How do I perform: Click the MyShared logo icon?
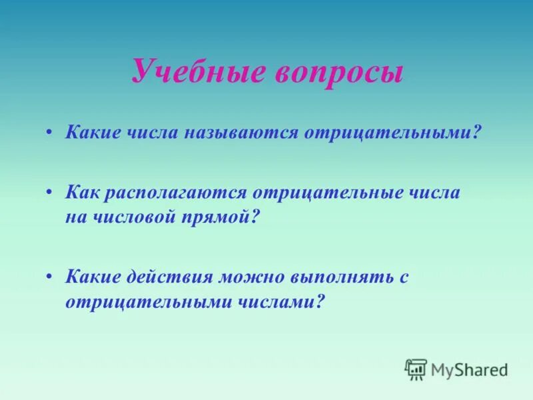point(416,369)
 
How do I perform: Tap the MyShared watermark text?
point(469,369)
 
